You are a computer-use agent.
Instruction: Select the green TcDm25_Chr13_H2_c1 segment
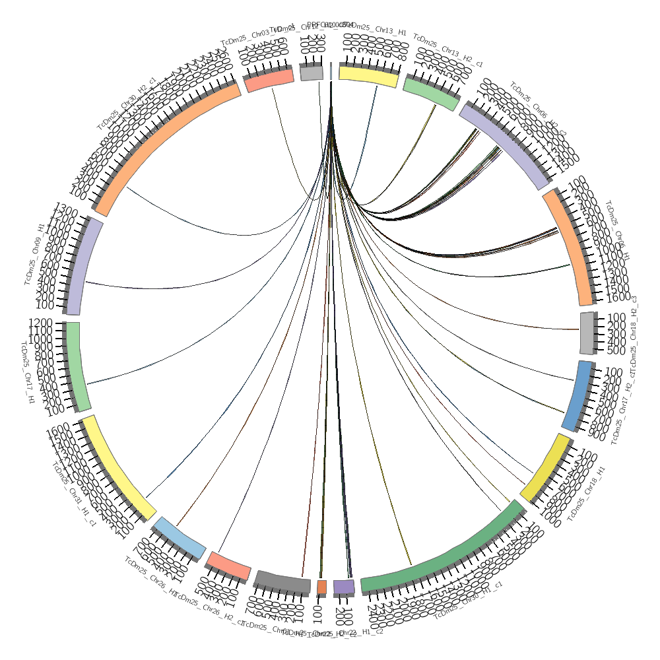432,93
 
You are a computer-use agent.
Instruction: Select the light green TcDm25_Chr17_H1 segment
78,366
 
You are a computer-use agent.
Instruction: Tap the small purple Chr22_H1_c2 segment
344,586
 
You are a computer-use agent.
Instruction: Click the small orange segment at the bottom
321,587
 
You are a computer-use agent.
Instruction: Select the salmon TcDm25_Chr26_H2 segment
228,565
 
